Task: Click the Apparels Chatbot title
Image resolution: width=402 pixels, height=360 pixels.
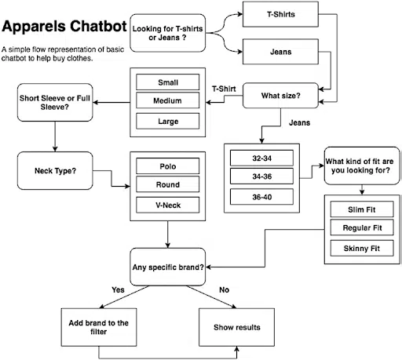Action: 64,27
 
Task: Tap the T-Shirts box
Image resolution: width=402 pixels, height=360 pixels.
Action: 281,14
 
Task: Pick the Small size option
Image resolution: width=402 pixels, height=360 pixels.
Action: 168,81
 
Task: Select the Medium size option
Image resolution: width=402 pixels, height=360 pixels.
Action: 168,100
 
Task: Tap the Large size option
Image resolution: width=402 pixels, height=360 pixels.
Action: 168,121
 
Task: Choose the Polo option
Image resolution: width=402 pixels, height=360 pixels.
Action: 168,165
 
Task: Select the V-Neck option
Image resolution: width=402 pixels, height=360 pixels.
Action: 168,205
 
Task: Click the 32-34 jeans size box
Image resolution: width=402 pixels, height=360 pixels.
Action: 262,158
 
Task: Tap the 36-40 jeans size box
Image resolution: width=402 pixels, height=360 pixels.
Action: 262,197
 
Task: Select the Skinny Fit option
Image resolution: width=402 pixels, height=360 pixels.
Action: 362,248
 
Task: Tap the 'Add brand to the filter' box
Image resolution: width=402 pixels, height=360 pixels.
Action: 99,326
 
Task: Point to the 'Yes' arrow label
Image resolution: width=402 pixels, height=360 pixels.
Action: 118,289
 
